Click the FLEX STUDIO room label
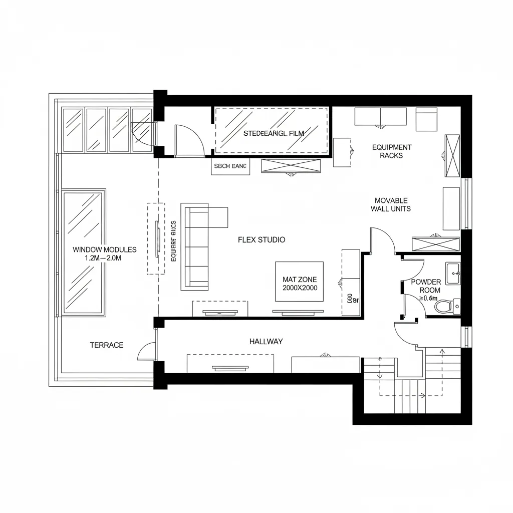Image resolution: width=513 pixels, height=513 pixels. click(262, 240)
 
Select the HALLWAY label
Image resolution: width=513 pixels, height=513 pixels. click(266, 342)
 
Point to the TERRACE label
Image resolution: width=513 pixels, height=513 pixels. click(107, 345)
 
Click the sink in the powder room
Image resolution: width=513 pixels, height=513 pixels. click(453, 274)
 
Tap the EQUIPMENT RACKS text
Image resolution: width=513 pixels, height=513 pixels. click(392, 151)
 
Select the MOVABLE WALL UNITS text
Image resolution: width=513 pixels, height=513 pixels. click(391, 204)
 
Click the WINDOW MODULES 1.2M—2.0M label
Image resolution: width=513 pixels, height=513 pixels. click(104, 253)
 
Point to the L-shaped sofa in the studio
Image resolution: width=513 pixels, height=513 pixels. click(198, 245)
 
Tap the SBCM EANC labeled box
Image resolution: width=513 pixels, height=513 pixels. click(230, 167)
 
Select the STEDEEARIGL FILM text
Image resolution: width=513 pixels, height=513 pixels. click(274, 134)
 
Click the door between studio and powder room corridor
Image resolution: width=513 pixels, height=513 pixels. click(382, 240)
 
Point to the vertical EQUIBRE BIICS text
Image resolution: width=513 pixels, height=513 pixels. click(174, 241)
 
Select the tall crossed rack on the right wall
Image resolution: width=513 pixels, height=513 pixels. click(452, 156)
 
